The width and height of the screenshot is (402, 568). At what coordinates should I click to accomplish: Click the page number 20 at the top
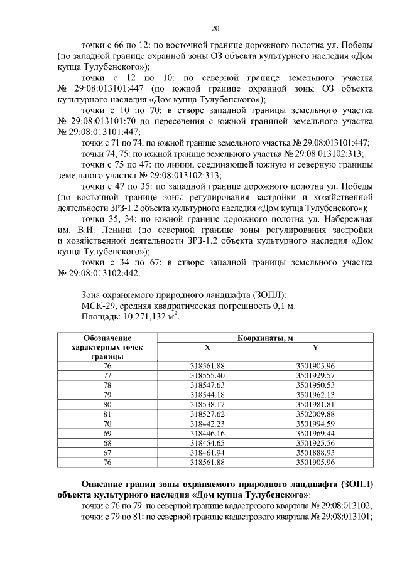(x=215, y=28)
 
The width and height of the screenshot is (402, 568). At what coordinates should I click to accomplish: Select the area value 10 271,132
(x=148, y=317)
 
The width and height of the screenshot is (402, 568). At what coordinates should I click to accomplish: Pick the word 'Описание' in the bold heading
(x=104, y=485)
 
